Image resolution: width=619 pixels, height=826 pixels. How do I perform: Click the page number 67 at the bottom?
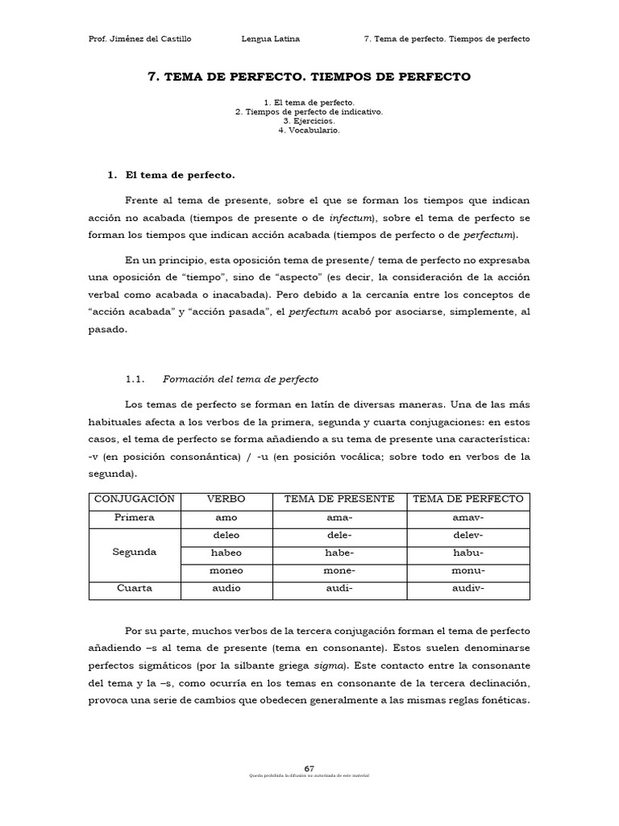click(x=309, y=767)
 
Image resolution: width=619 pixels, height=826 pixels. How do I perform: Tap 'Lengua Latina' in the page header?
click(x=270, y=39)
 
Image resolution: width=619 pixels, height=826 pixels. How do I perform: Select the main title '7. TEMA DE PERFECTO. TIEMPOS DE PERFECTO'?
click(x=309, y=77)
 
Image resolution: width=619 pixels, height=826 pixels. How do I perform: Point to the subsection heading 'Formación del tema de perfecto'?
click(x=240, y=379)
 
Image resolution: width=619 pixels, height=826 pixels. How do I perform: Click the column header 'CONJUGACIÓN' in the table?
click(x=135, y=499)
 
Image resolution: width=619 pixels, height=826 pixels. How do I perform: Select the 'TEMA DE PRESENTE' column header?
click(x=339, y=499)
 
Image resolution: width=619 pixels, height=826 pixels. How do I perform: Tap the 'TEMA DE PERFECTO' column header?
click(x=468, y=499)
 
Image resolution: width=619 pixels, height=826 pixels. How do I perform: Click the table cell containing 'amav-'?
click(x=468, y=517)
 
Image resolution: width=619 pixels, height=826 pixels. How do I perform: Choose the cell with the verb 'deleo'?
click(x=226, y=535)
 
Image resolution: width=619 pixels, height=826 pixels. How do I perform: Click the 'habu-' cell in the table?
click(x=468, y=553)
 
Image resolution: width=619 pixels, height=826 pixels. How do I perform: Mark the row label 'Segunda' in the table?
click(x=135, y=553)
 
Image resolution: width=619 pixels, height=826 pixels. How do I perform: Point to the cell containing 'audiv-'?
click(x=468, y=588)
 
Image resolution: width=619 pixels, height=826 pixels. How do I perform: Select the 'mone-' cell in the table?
click(x=339, y=570)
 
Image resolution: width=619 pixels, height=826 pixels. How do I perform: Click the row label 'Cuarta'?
click(x=135, y=588)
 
